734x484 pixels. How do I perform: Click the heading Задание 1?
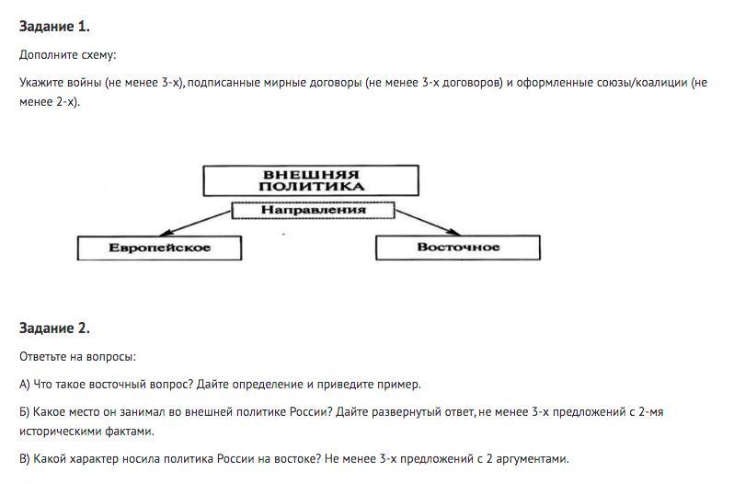coord(54,27)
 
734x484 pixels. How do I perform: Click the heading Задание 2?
coord(54,328)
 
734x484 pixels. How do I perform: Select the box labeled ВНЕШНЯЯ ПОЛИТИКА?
coord(310,180)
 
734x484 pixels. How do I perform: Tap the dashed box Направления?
coord(313,210)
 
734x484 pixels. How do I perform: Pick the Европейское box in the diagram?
coord(159,248)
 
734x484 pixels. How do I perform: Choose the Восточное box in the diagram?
coord(458,247)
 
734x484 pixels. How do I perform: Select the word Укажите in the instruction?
coord(42,83)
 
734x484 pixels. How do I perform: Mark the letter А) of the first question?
coord(25,384)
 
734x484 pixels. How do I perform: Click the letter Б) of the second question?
coord(25,411)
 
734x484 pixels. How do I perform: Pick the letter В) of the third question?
coord(25,458)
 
